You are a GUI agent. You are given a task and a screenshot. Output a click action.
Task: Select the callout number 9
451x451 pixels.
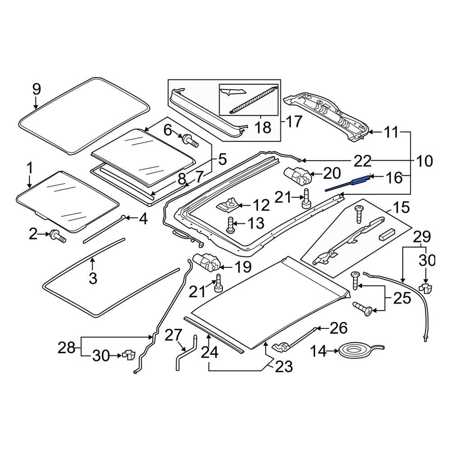click(36, 89)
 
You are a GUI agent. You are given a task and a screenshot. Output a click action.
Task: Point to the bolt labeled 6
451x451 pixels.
click(190, 141)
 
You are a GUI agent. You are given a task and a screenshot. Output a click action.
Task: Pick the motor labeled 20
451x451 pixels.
click(298, 175)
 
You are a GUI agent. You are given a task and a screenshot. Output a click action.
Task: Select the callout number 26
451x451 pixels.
click(339, 328)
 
